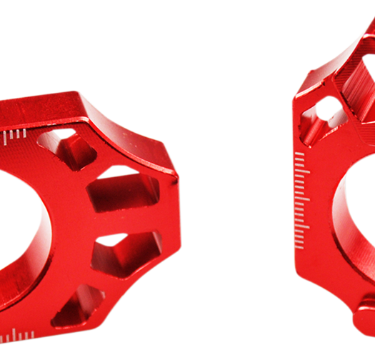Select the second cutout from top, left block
(123, 190)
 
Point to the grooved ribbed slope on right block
(357, 79)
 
